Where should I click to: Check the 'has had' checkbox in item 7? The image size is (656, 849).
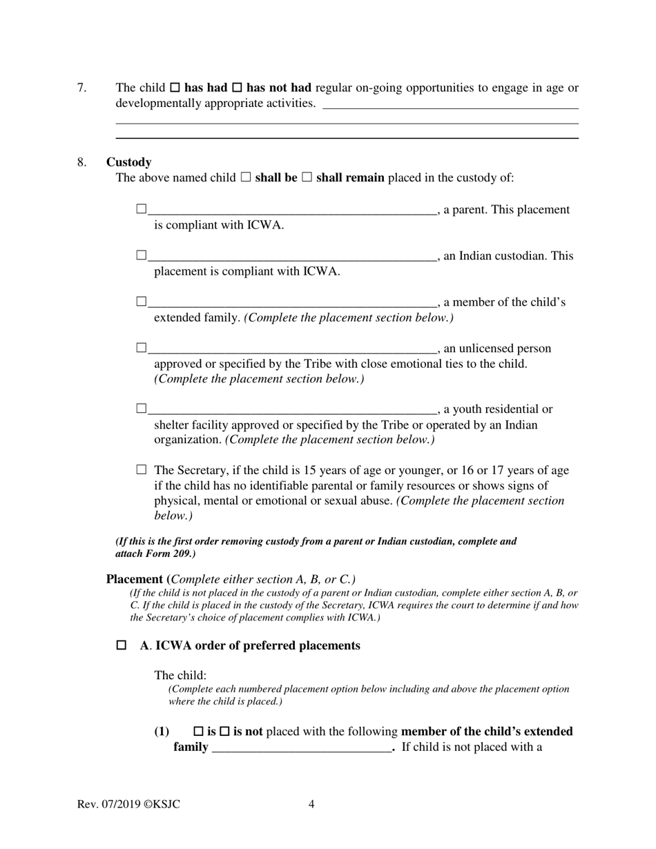175,88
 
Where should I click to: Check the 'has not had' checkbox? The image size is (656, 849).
236,88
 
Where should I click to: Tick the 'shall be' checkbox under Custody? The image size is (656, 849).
245,178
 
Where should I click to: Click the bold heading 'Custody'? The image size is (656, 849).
128,162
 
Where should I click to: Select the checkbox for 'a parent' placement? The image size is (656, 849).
142,209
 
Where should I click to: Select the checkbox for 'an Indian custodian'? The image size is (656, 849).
142,255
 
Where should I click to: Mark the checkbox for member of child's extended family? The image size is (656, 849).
142,302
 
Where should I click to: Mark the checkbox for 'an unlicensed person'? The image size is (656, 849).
142,348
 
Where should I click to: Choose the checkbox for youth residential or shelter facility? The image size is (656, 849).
142,409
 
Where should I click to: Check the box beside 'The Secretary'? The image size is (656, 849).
142,470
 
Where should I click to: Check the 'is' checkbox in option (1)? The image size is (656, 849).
198,732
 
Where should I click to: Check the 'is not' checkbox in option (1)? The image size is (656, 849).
224,732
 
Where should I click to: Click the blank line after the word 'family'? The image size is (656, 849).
302,748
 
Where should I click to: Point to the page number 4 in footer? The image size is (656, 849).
311,804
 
